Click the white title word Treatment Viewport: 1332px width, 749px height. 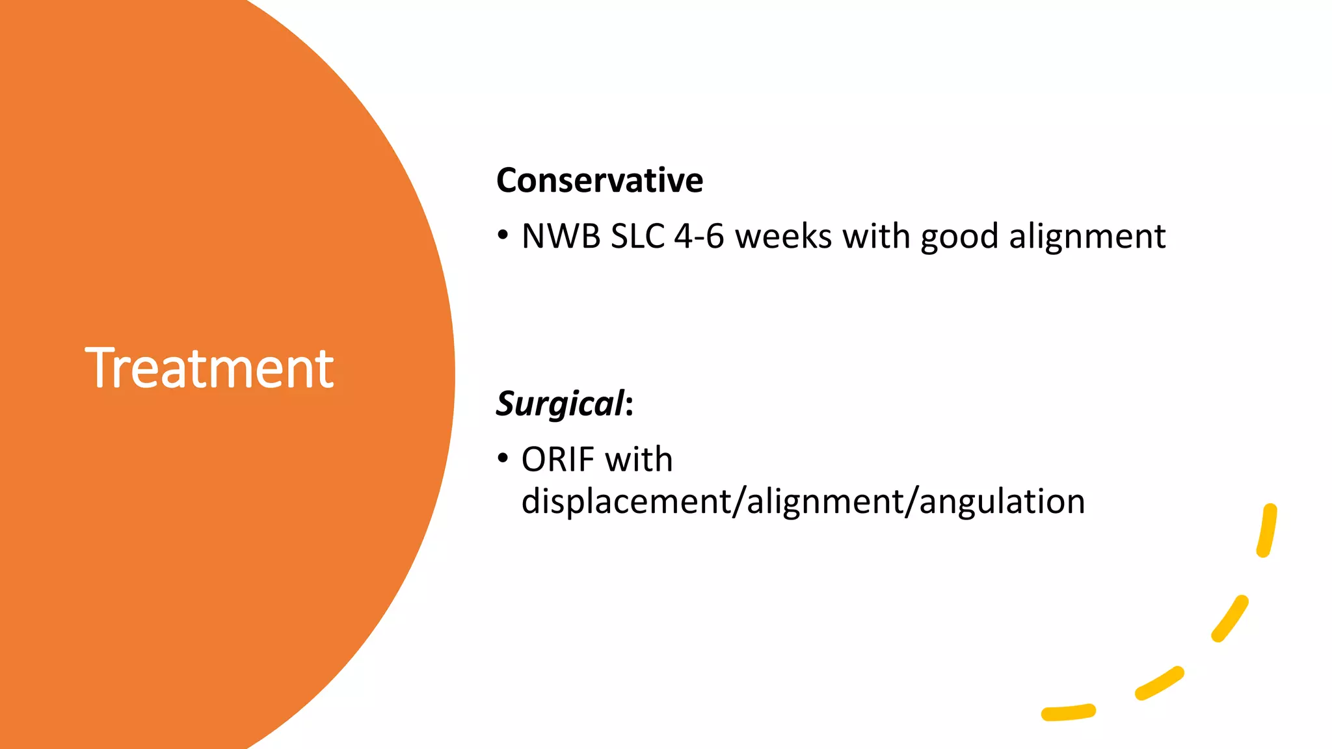point(209,369)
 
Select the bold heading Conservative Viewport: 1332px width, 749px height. point(600,180)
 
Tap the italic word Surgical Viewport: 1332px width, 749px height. point(560,404)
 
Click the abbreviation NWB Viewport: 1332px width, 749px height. point(561,236)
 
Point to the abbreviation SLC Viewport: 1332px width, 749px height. point(638,236)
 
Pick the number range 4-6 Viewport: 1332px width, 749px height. point(699,236)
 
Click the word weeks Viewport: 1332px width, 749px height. point(784,236)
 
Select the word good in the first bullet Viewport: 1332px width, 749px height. point(959,237)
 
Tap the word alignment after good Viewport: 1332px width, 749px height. point(1087,236)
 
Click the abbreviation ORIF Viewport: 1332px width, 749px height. point(557,460)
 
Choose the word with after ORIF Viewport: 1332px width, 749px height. point(639,460)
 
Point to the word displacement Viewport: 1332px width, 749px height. point(626,501)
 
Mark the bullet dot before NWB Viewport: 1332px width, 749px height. point(503,235)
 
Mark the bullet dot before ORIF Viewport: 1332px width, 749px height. point(503,458)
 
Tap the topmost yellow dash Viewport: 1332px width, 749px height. point(1267,531)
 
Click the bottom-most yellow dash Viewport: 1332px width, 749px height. point(1069,713)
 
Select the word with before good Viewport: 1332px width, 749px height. point(876,236)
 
